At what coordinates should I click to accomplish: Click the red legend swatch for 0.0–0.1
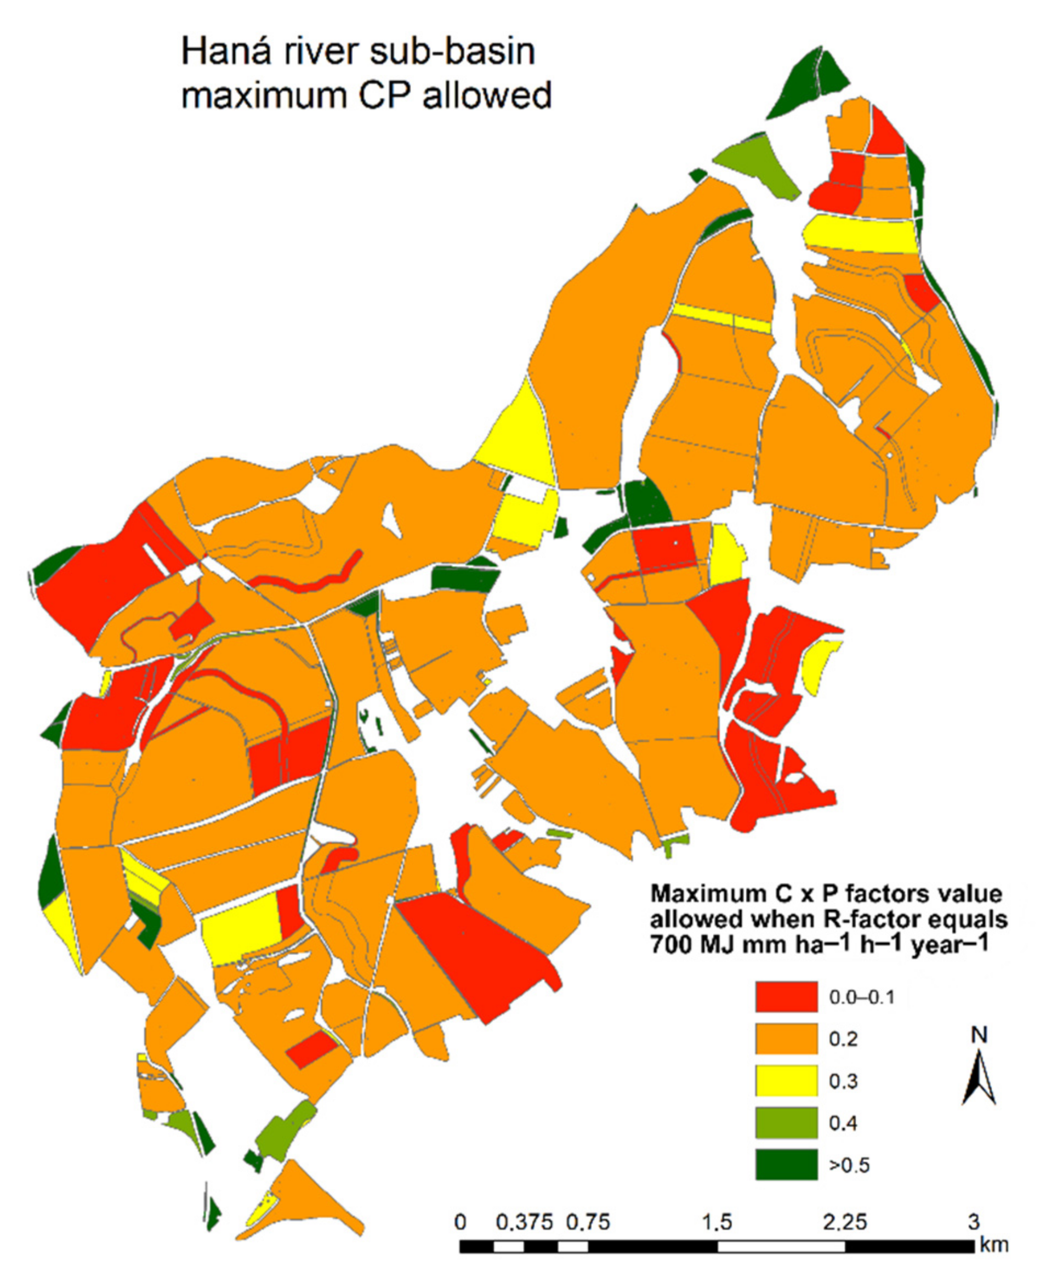point(786,997)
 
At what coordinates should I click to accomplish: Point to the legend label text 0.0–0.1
point(862,997)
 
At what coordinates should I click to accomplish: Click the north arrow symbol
point(979,1080)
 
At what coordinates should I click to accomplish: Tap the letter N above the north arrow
point(979,1035)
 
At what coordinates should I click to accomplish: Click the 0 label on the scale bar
point(461,1222)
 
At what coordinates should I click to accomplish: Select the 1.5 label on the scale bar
point(717,1222)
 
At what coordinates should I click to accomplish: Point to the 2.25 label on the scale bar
point(845,1222)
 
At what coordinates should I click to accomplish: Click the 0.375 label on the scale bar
point(524,1222)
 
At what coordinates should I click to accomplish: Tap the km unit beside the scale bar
point(993,1244)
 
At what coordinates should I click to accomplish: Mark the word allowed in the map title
point(487,97)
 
